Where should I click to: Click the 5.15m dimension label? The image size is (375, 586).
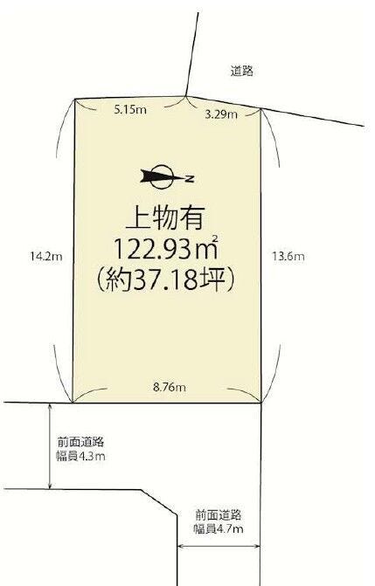(130, 110)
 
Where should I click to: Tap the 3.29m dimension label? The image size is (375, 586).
(221, 114)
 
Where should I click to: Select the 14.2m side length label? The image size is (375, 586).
(46, 257)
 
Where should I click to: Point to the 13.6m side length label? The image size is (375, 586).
(288, 257)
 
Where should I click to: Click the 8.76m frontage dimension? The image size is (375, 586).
(170, 387)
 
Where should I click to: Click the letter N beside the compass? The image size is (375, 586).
(191, 179)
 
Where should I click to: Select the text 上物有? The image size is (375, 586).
(165, 218)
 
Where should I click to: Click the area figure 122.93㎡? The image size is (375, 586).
(165, 249)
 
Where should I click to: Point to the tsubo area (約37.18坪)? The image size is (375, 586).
(166, 280)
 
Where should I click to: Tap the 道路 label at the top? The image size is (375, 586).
(242, 71)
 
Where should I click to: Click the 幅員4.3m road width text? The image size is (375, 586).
(80, 457)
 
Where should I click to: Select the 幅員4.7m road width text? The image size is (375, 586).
(219, 529)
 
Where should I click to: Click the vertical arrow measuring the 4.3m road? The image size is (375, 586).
(50, 446)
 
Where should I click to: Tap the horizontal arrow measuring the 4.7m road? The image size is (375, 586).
(219, 547)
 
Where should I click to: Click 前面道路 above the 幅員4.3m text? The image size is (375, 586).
(80, 443)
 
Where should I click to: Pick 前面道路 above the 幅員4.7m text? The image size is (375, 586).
(219, 515)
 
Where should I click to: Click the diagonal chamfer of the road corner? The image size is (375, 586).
(159, 503)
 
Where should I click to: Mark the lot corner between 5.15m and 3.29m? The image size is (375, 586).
(185, 96)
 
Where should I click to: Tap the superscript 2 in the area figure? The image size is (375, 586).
(215, 238)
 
